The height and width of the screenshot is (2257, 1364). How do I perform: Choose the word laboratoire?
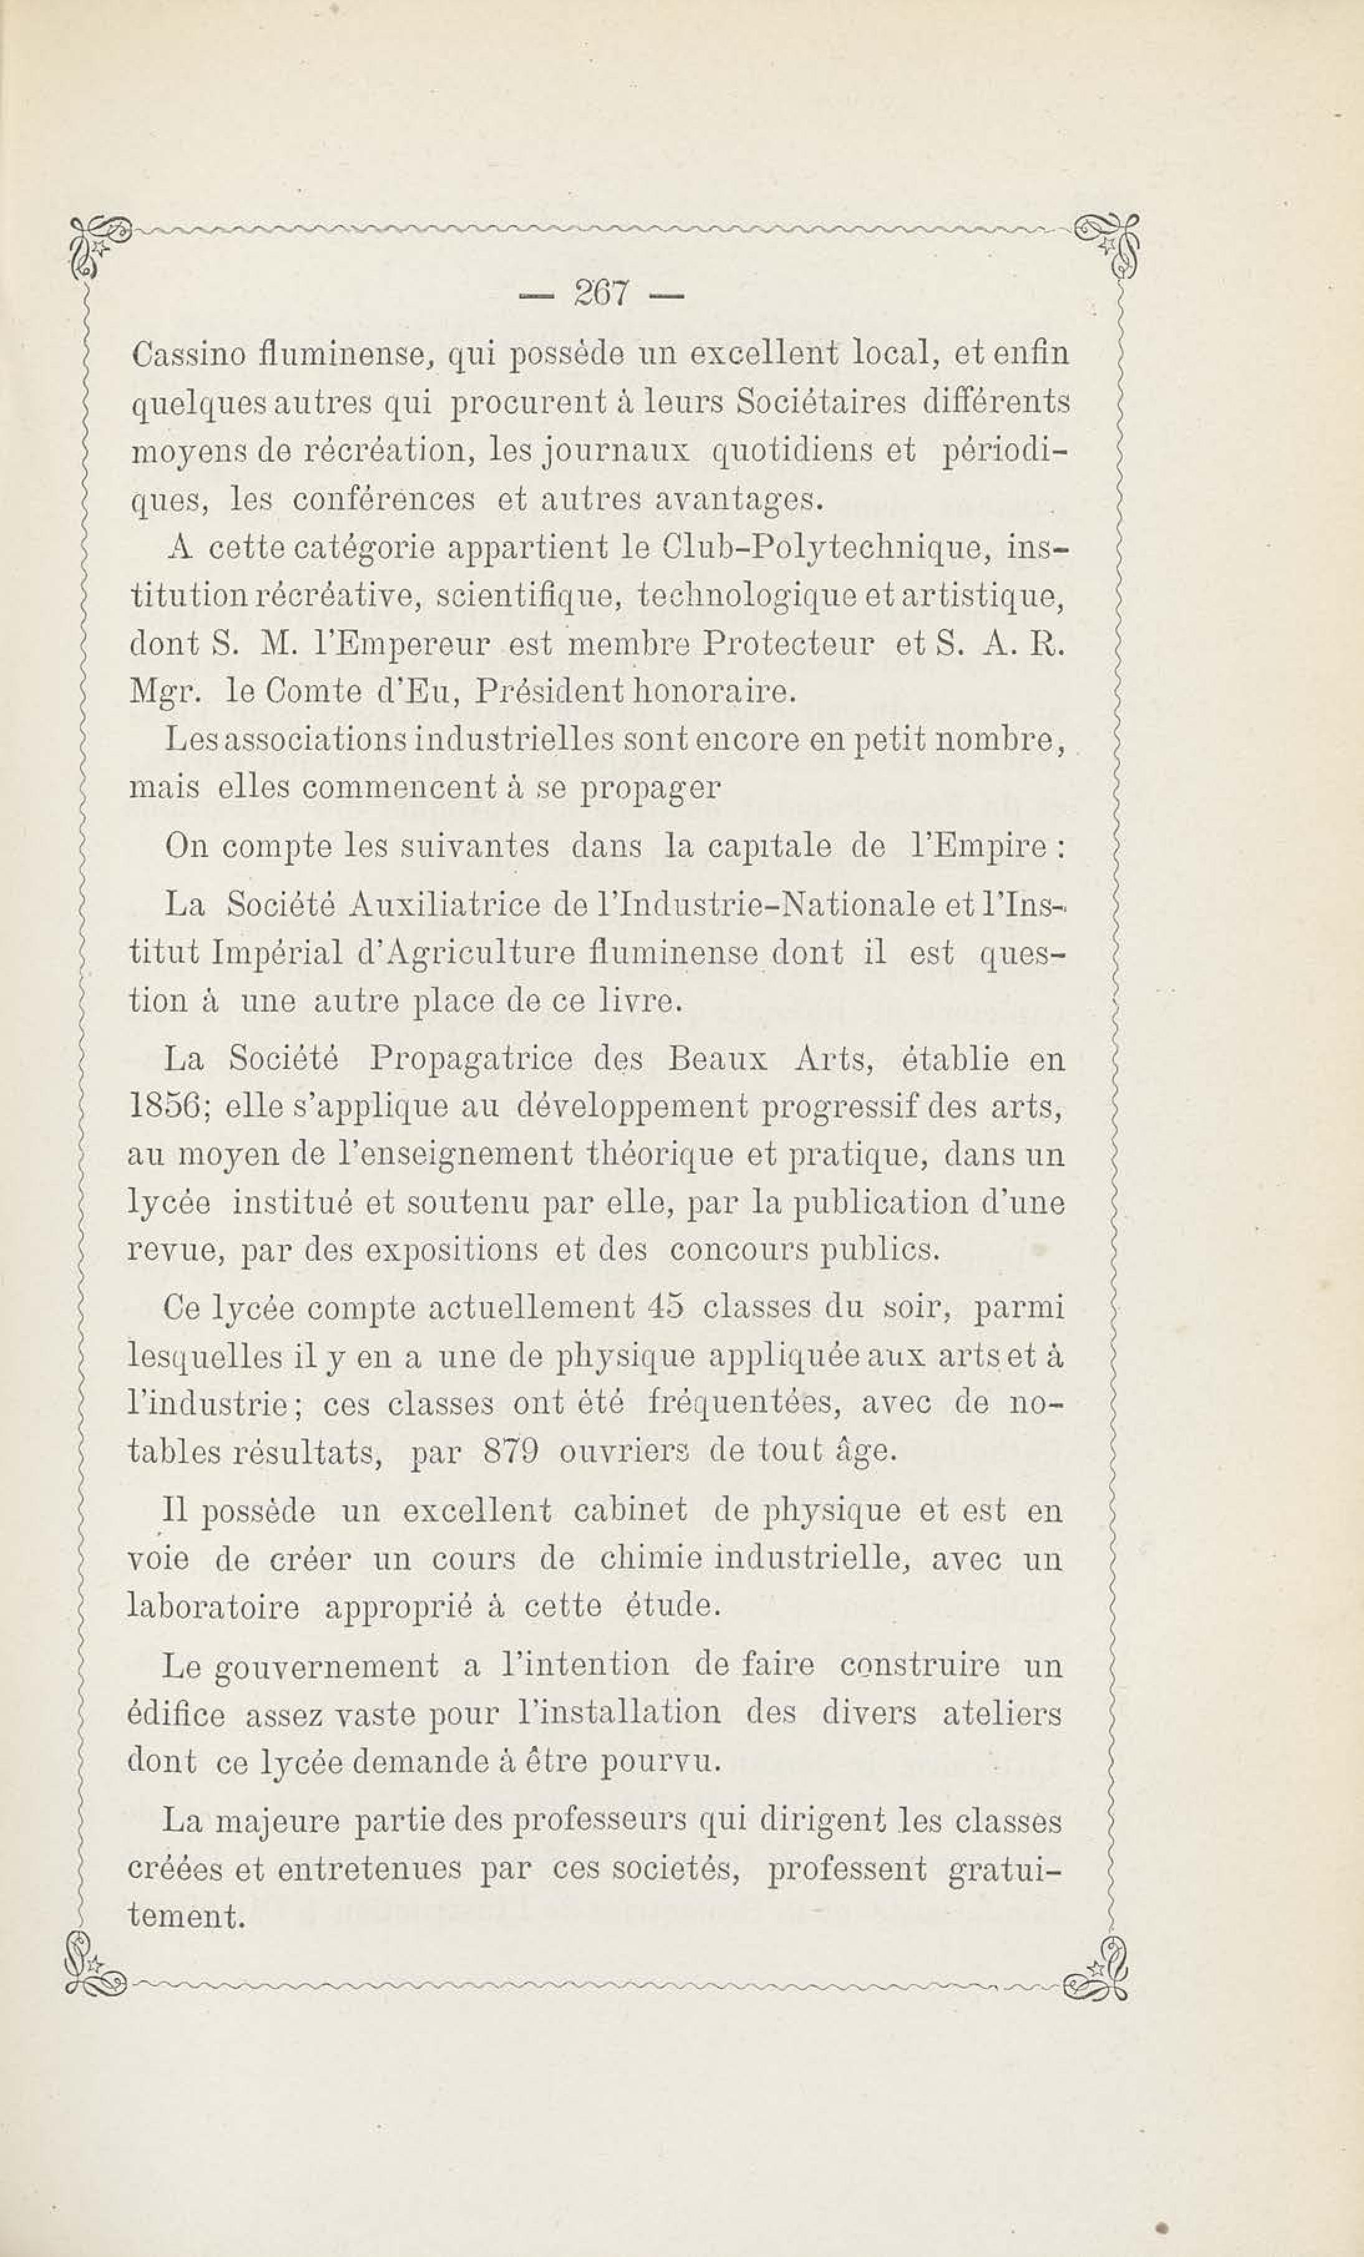[213, 1608]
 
